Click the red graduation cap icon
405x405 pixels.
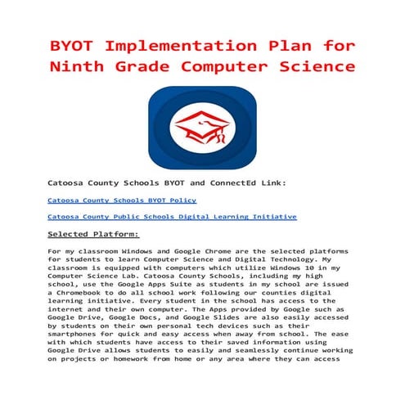coord(202,129)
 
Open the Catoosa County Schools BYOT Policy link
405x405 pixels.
coord(122,200)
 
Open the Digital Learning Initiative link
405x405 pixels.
coord(173,217)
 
